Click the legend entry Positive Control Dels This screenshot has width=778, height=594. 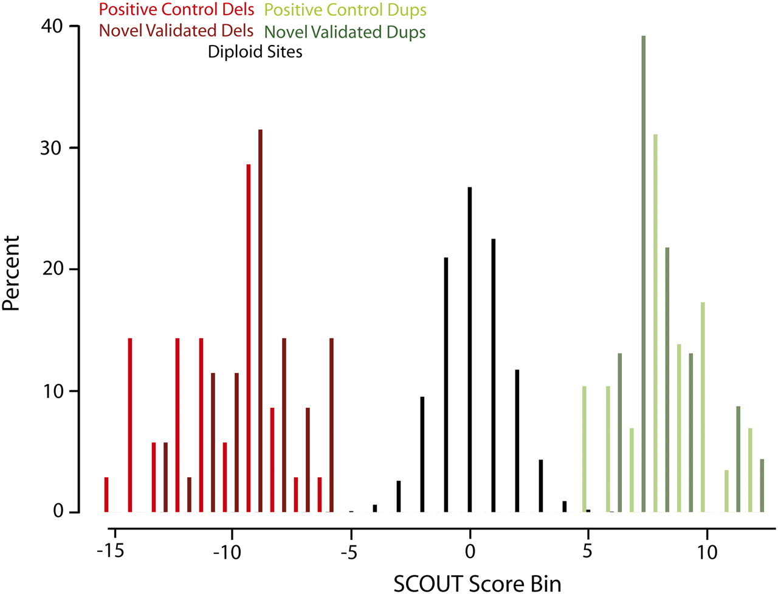[176, 10]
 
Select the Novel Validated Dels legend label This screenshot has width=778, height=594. [176, 30]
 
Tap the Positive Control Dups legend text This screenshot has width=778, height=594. [345, 10]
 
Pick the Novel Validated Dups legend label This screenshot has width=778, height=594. [345, 32]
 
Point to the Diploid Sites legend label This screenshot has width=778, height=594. [255, 52]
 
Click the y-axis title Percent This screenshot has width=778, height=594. [12, 273]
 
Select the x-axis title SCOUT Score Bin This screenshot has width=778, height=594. [477, 584]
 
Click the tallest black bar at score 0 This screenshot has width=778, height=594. [470, 349]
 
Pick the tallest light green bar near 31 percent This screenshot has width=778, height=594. [655, 323]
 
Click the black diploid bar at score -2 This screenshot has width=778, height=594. [422, 454]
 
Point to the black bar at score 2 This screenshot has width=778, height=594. [517, 441]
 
